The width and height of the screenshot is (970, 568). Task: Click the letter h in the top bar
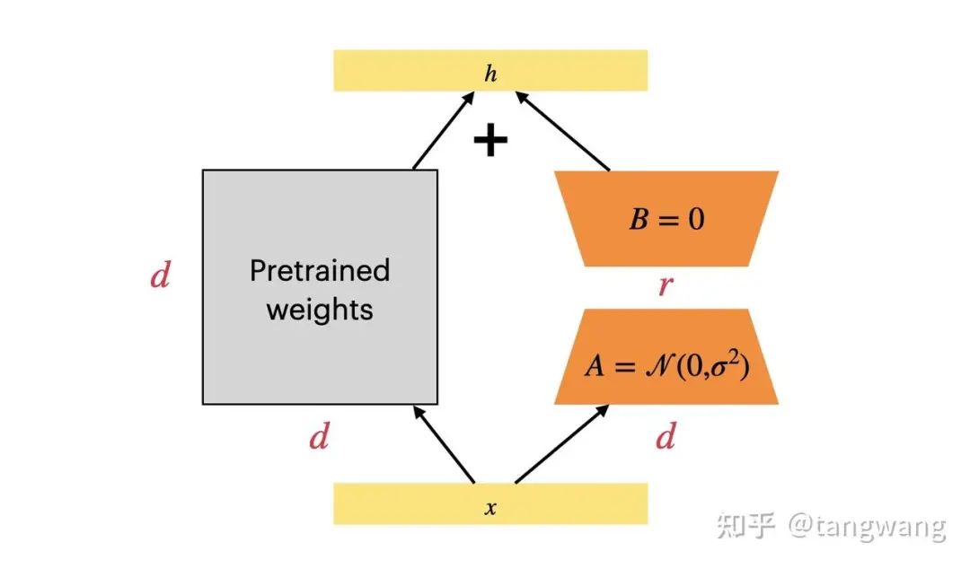(x=489, y=74)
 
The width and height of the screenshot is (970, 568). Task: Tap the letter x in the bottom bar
(x=490, y=509)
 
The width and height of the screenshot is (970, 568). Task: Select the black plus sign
(x=490, y=141)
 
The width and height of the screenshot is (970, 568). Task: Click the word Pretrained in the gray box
(x=320, y=270)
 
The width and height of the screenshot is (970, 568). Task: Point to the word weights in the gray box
(x=320, y=310)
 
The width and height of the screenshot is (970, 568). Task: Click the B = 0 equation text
(x=666, y=219)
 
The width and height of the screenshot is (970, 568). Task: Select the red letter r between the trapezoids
(x=666, y=287)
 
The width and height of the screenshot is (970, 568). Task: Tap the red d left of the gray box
(x=160, y=276)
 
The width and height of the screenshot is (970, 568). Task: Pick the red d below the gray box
(x=319, y=439)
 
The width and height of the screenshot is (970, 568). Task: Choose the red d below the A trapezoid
(x=666, y=439)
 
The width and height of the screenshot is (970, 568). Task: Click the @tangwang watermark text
(x=867, y=526)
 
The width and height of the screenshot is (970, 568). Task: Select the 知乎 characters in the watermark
(x=745, y=526)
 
